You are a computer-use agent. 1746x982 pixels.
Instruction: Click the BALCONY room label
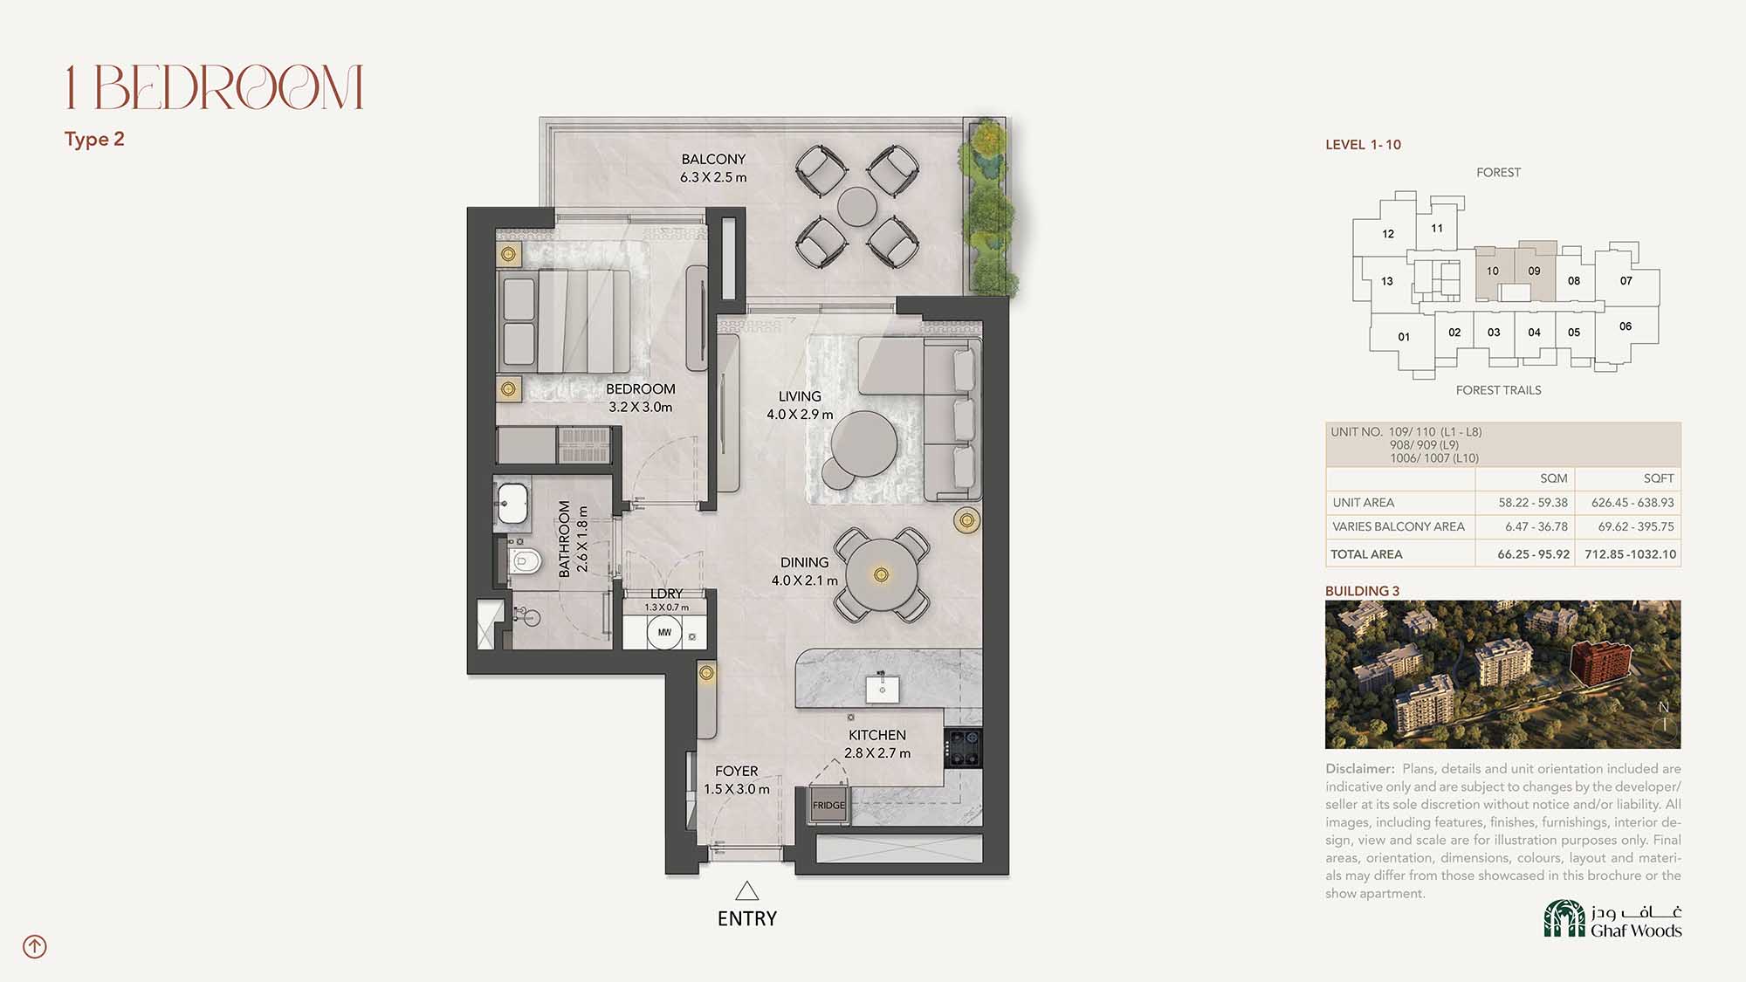713,159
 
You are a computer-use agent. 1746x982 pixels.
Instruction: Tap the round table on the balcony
856,207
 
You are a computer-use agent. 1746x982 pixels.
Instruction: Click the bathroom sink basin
512,502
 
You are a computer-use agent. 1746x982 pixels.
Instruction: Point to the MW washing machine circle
664,632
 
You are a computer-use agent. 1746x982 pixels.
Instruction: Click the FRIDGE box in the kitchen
828,805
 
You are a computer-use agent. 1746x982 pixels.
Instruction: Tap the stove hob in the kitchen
963,748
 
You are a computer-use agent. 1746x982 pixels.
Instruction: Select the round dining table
882,574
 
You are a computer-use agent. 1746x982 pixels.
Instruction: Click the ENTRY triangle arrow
746,890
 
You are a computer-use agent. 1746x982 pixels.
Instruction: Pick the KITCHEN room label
877,735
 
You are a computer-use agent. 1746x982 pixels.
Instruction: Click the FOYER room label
736,771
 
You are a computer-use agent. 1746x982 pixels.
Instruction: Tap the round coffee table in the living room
863,443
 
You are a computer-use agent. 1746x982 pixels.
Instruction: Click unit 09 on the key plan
1535,271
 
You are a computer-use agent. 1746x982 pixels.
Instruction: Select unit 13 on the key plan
1386,281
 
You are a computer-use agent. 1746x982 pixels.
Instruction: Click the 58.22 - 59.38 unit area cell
1533,503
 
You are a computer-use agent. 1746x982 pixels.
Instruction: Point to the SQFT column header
1659,478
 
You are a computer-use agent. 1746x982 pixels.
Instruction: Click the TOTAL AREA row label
1366,554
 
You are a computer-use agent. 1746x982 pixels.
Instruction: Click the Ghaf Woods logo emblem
1564,919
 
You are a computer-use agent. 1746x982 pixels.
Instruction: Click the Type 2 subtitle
94,140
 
